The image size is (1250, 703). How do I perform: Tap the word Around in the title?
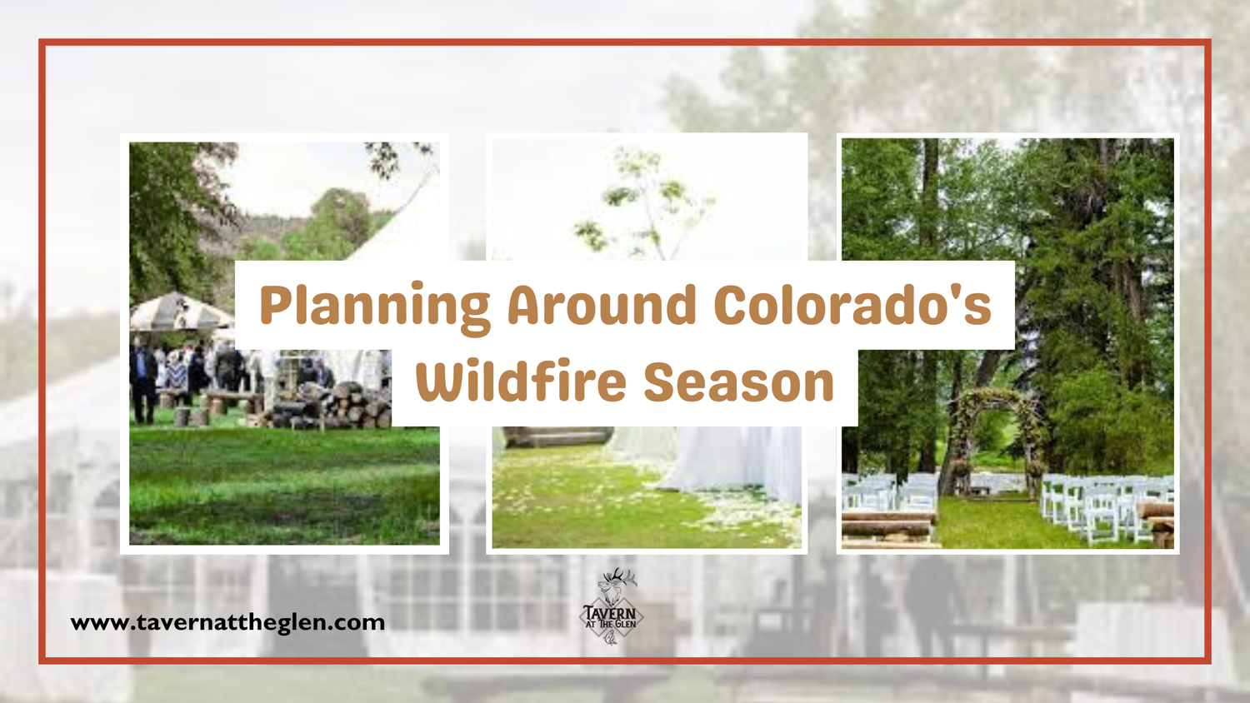602,305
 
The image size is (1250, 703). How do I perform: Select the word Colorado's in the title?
852,305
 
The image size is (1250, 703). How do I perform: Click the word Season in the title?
739,383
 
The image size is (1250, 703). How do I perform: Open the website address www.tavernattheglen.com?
227,623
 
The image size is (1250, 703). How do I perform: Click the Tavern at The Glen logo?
612,606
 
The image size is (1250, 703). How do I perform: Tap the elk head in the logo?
615,585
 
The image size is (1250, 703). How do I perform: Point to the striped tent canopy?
180,312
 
